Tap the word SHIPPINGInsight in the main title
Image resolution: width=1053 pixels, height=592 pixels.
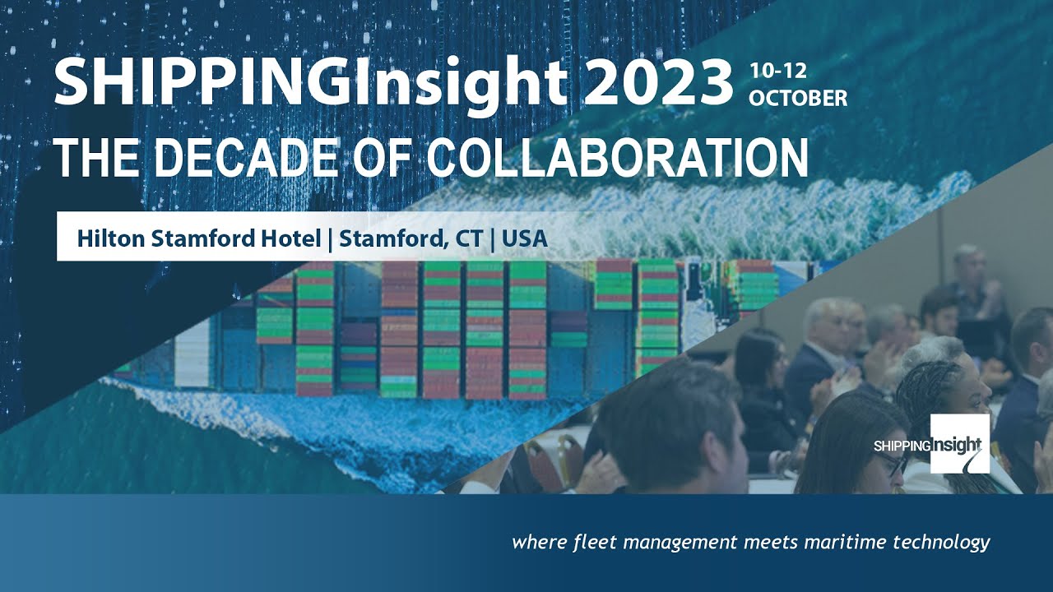[310, 82]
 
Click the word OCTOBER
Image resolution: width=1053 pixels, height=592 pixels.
[797, 98]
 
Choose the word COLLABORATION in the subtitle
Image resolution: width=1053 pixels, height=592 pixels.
[619, 159]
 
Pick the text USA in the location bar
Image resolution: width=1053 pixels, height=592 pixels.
[525, 238]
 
